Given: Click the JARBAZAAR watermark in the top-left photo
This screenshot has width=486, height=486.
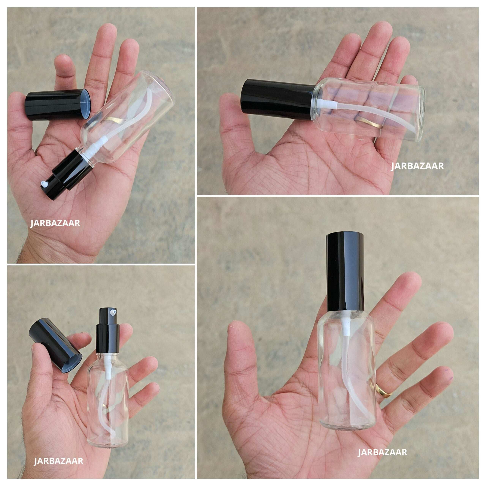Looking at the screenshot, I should point(55,223).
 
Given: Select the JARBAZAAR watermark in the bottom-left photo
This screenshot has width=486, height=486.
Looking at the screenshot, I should point(58,447).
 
